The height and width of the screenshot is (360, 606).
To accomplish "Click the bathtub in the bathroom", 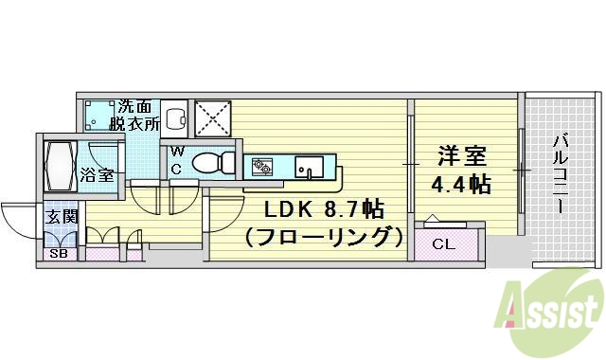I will pyautogui.click(x=59, y=164).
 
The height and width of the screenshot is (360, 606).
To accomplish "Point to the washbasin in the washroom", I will pyautogui.click(x=174, y=118).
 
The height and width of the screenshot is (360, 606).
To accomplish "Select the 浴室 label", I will pyautogui.click(x=96, y=175).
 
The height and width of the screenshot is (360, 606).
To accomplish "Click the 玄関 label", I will pyautogui.click(x=60, y=217).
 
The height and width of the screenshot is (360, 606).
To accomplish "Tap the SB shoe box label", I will pyautogui.click(x=58, y=254).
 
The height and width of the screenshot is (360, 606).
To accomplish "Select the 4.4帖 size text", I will pyautogui.click(x=461, y=184).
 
